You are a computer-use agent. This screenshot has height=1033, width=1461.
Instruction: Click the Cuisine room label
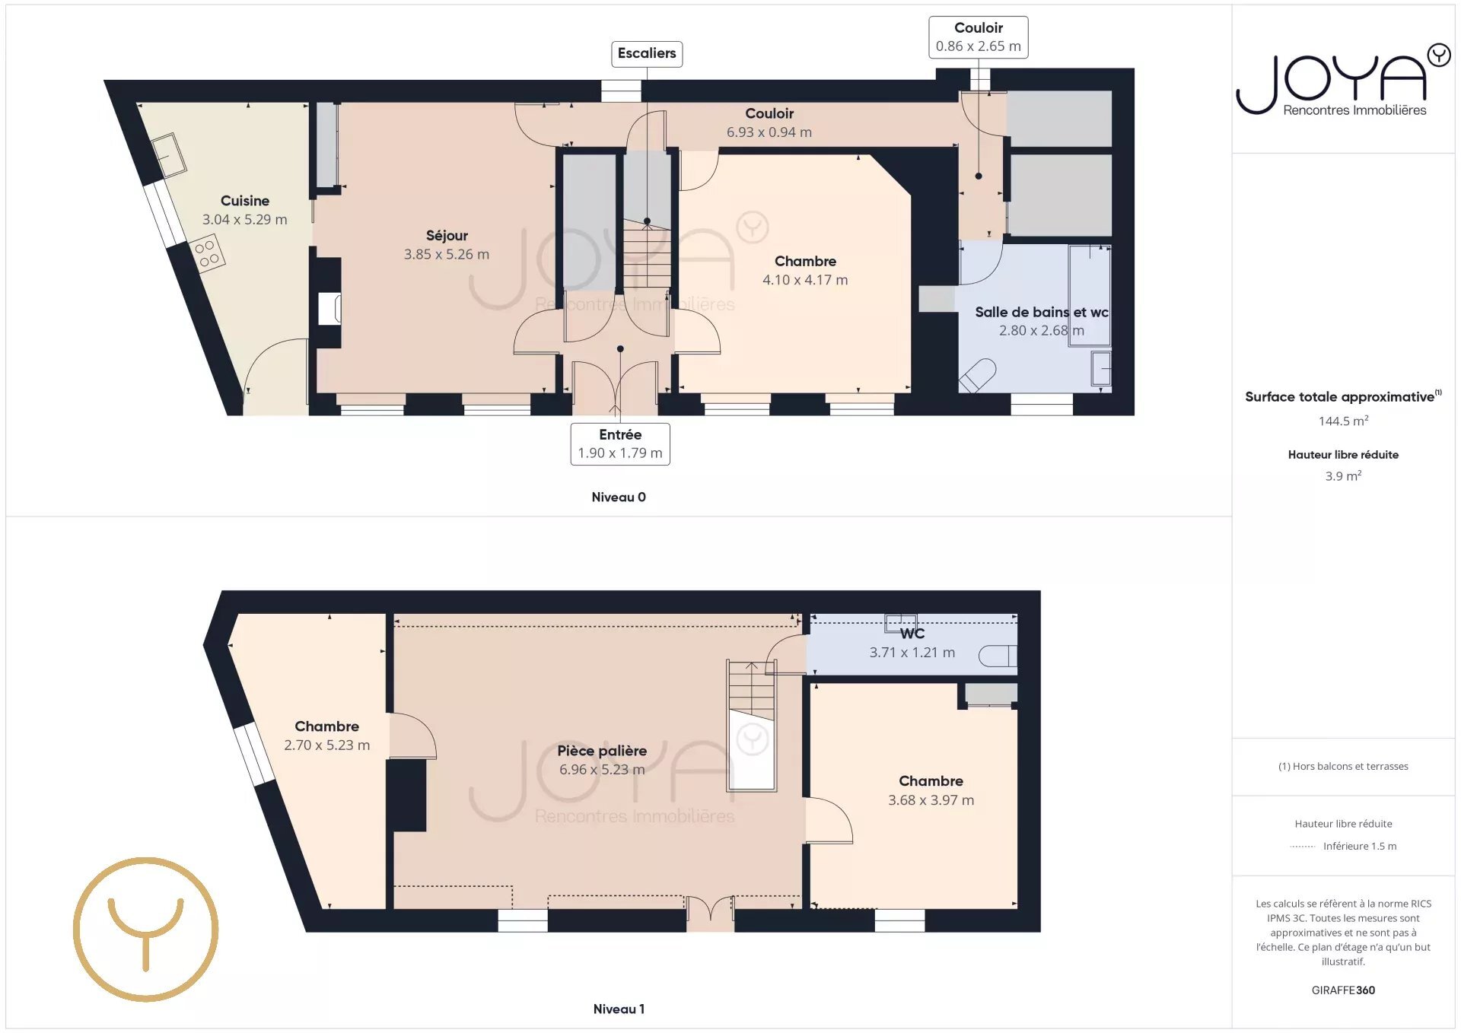click(245, 201)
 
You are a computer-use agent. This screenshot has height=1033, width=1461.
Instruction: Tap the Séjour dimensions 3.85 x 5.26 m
click(447, 254)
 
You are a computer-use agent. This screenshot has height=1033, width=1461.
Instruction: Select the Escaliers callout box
click(647, 54)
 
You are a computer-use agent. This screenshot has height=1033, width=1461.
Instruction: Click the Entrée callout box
click(620, 443)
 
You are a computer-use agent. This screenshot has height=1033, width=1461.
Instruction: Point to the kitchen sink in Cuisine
click(168, 155)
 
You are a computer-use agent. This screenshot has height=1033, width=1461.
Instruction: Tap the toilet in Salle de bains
click(977, 376)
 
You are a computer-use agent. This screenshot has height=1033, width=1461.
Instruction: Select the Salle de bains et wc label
click(1042, 312)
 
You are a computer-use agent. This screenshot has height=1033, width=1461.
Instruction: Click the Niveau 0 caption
click(619, 497)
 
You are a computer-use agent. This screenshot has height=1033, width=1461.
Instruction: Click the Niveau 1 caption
click(619, 1009)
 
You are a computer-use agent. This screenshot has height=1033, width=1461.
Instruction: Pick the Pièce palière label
click(602, 751)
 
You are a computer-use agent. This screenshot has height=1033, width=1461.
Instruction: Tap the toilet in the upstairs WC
click(998, 656)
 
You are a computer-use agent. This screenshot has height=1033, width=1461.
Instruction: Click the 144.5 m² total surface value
click(1344, 421)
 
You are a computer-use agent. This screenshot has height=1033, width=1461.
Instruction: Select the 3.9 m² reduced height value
click(1344, 475)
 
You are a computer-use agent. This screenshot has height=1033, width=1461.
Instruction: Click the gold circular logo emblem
click(146, 930)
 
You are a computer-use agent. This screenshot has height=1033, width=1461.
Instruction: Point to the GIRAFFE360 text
click(1344, 990)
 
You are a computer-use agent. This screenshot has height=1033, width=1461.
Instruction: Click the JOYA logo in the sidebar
click(1344, 80)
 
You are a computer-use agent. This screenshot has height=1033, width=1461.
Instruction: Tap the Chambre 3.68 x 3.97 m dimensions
click(931, 800)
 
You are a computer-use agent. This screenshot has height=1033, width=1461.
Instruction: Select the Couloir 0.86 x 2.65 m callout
click(979, 37)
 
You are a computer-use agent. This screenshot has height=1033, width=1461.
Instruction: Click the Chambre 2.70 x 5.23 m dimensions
click(327, 745)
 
